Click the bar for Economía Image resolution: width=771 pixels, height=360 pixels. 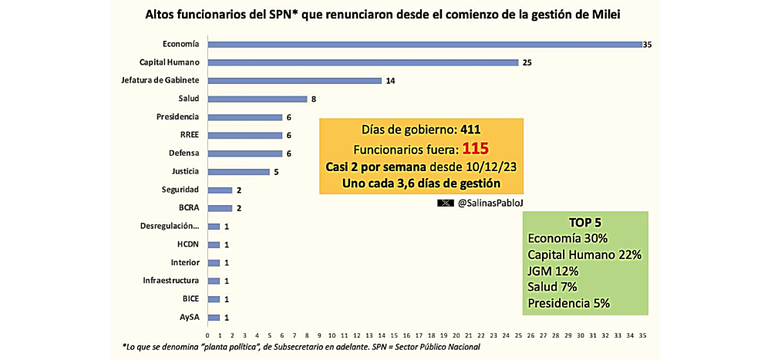click(x=424, y=44)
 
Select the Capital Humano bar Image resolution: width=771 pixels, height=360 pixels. click(x=362, y=62)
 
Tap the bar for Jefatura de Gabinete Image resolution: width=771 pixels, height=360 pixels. click(x=294, y=80)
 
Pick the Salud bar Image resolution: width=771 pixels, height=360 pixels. click(x=257, y=99)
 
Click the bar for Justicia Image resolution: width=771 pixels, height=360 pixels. click(x=238, y=171)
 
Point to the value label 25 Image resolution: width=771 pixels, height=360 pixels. click(x=527, y=62)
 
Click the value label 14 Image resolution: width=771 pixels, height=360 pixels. click(x=391, y=80)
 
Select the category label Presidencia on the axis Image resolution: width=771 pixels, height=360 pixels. click(x=177, y=116)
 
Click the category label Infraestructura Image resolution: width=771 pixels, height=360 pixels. click(x=170, y=281)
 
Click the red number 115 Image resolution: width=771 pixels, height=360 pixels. click(x=476, y=148)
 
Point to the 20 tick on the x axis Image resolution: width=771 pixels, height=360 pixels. click(x=456, y=335)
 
